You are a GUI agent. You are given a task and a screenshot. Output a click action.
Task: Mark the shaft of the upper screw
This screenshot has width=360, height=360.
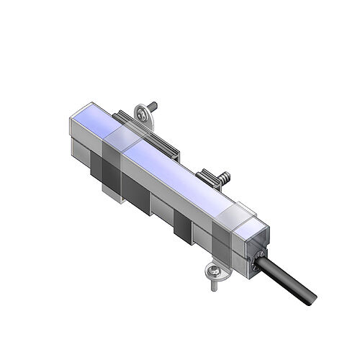[x=153, y=106]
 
